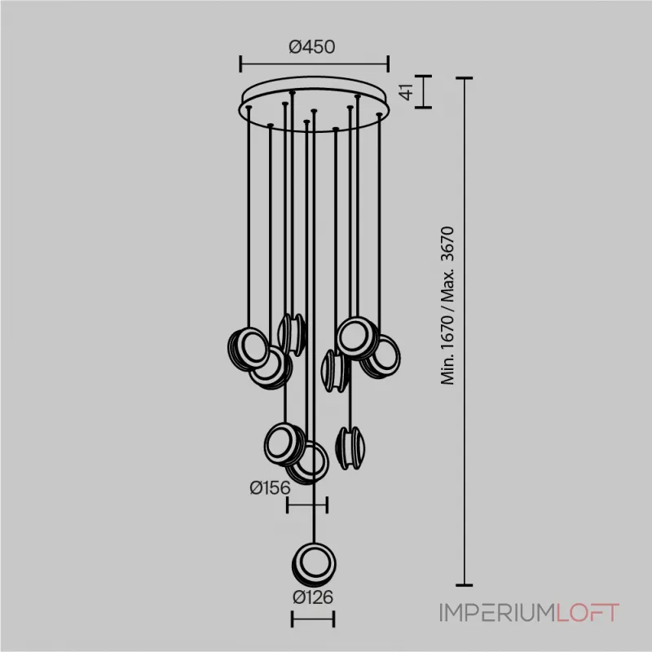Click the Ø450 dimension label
click(x=312, y=47)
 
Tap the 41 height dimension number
click(x=406, y=91)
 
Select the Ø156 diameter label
click(x=270, y=487)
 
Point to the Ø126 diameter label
click(x=313, y=597)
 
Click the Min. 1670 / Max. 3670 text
click(x=447, y=306)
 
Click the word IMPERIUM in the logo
click(x=498, y=613)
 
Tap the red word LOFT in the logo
click(x=588, y=613)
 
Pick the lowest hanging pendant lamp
click(x=314, y=564)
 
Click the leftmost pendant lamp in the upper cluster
click(x=249, y=349)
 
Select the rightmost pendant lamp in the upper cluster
click(x=381, y=357)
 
